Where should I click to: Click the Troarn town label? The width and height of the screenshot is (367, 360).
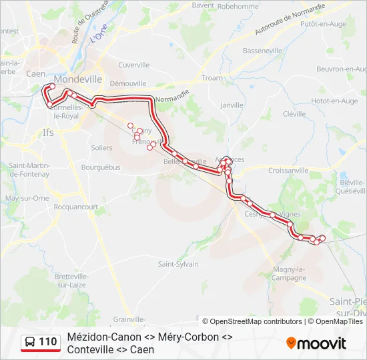pyautogui.click(x=212, y=78)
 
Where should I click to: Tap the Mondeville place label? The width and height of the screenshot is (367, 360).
pyautogui.click(x=78, y=79)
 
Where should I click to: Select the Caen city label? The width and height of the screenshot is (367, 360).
pyautogui.click(x=35, y=75)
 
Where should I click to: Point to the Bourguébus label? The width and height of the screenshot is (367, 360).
pyautogui.click(x=100, y=167)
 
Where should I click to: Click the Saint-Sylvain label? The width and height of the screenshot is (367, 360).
pyautogui.click(x=178, y=264)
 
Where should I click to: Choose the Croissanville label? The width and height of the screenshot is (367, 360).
pyautogui.click(x=288, y=171)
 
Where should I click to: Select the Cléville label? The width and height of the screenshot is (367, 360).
pyautogui.click(x=294, y=114)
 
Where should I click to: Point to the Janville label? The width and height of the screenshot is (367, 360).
pyautogui.click(x=232, y=105)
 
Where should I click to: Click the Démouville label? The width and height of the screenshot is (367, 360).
pyautogui.click(x=127, y=83)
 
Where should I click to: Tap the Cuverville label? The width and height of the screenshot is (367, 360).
pyautogui.click(x=133, y=65)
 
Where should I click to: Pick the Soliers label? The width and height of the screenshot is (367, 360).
pyautogui.click(x=101, y=147)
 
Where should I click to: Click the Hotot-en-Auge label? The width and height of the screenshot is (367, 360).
pyautogui.click(x=334, y=101)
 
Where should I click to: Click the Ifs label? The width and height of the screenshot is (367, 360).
pyautogui.click(x=48, y=132)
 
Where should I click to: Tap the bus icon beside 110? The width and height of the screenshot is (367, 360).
pyautogui.click(x=29, y=343)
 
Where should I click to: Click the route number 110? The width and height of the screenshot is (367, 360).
pyautogui.click(x=47, y=343)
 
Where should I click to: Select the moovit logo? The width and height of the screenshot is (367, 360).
pyautogui.click(x=316, y=343)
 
